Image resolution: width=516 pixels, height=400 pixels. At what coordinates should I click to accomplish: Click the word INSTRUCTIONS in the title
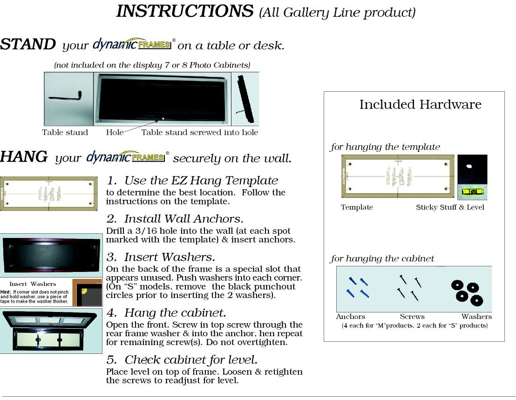185,11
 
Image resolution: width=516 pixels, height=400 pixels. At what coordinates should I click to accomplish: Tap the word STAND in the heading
28,45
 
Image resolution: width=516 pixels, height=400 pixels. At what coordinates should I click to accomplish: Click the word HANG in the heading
24,157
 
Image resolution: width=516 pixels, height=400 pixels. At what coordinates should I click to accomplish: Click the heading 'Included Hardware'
420,104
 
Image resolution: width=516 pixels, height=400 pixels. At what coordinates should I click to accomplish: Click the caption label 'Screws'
412,317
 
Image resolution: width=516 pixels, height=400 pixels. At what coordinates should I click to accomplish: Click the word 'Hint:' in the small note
6,292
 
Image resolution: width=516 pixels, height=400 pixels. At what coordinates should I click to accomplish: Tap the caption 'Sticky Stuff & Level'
450,207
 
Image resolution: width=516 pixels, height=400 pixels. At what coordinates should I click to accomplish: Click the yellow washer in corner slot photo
84,292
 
